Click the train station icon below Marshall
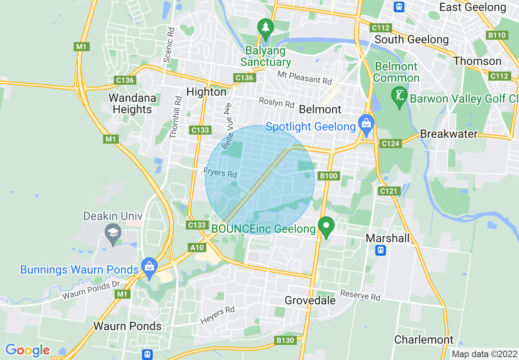[381, 250]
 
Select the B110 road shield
[497, 35]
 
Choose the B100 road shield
[328, 176]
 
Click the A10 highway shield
[197, 248]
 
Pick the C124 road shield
[390, 143]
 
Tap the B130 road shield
[285, 340]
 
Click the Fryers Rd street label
[220, 172]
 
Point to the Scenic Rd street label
[169, 45]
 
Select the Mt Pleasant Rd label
[304, 77]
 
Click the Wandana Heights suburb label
[132, 104]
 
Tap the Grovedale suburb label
[310, 301]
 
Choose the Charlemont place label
[424, 340]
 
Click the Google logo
[27, 350]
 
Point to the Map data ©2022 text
[484, 353]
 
